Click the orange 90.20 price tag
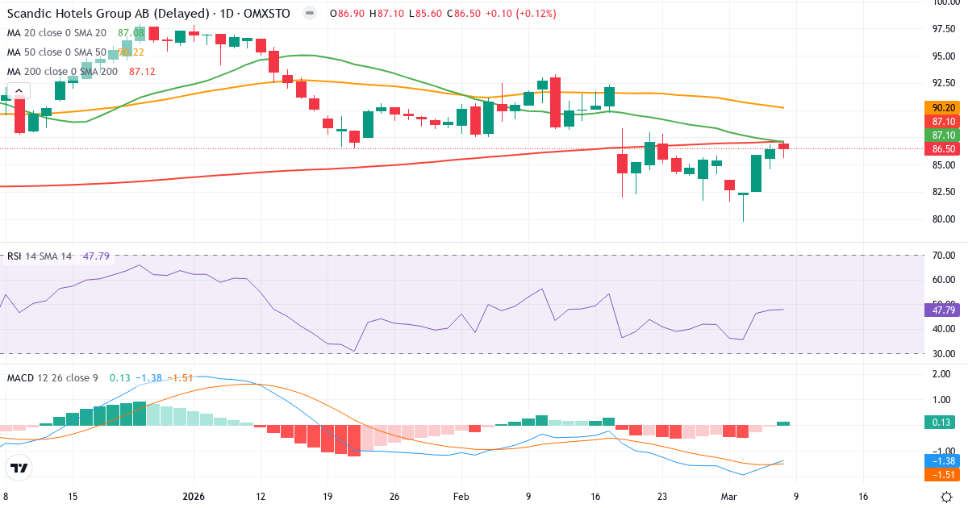pos(944,107)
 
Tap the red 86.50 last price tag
pos(944,149)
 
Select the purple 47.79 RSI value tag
pos(944,310)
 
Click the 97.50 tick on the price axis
pos(944,29)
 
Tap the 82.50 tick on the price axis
pos(944,192)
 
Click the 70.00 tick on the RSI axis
pos(944,256)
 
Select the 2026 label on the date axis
pos(194,497)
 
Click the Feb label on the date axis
pos(461,497)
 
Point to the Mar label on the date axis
pos(728,497)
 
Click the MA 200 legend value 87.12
pos(142,72)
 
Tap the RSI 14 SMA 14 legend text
pos(40,256)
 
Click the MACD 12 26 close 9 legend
pos(53,377)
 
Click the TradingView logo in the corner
pos(19,468)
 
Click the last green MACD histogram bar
pos(783,423)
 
